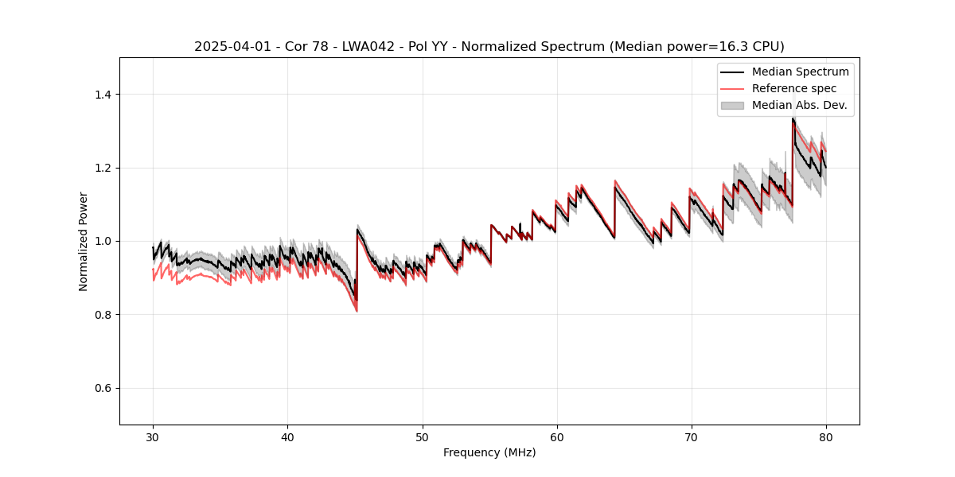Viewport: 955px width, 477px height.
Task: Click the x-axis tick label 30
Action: pyautogui.click(x=153, y=437)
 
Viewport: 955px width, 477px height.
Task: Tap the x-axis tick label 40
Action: pyautogui.click(x=287, y=437)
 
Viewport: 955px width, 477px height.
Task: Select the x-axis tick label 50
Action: pyautogui.click(x=422, y=437)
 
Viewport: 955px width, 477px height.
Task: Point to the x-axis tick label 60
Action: pyautogui.click(x=557, y=437)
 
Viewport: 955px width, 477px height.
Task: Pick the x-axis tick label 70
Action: pyautogui.click(x=691, y=437)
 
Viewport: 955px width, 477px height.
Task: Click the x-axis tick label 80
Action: pyautogui.click(x=826, y=437)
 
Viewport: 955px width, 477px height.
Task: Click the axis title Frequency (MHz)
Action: pyautogui.click(x=489, y=452)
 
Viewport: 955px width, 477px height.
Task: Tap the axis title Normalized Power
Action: pyautogui.click(x=84, y=241)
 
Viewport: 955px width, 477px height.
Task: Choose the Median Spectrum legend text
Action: pyautogui.click(x=800, y=72)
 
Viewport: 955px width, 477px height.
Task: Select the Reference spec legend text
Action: pyautogui.click(x=794, y=88)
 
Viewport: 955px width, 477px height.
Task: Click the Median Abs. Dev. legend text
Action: pyautogui.click(x=799, y=105)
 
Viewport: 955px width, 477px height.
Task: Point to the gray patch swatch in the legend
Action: pyautogui.click(x=732, y=105)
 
